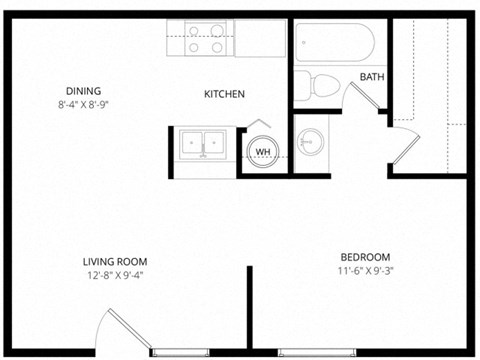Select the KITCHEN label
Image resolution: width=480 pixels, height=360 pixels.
225,94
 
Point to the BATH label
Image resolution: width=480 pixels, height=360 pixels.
372,77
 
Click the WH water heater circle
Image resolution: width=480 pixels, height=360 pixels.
263,152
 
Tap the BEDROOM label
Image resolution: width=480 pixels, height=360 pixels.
365,256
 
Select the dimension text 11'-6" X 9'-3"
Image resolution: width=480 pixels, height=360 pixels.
365,270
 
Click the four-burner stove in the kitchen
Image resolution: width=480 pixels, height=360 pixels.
206,38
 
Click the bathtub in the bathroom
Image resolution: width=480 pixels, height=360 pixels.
335,41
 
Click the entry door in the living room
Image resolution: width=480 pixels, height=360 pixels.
125,330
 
